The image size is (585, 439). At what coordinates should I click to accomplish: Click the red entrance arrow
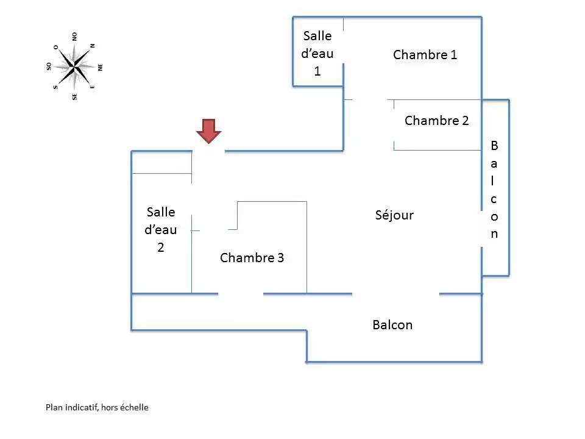click(208, 130)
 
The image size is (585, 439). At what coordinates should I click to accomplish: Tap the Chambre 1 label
click(425, 55)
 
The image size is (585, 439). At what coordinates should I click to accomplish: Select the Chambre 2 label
click(436, 121)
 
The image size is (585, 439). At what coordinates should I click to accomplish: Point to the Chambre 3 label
click(252, 258)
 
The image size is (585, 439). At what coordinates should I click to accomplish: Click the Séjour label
click(394, 215)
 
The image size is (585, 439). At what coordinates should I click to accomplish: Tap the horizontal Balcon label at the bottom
click(392, 325)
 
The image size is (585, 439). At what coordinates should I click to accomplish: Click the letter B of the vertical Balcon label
click(494, 146)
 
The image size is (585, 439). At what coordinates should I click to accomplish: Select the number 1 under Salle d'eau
click(317, 71)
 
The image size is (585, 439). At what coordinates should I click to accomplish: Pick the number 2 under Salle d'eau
click(161, 248)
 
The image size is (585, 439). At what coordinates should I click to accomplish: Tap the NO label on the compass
click(74, 37)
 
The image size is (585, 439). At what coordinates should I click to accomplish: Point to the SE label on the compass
click(74, 96)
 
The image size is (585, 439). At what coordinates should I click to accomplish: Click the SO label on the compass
click(49, 66)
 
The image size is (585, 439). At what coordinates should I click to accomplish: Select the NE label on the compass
click(100, 66)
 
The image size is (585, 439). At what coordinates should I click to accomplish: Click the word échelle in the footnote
click(133, 407)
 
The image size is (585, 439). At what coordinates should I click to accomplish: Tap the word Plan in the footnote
click(54, 407)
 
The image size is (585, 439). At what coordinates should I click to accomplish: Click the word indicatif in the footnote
click(81, 407)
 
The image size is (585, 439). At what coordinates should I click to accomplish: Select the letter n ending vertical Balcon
click(494, 234)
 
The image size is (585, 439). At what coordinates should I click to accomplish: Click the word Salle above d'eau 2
click(161, 212)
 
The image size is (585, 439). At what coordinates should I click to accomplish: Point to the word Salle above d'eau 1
click(317, 36)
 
